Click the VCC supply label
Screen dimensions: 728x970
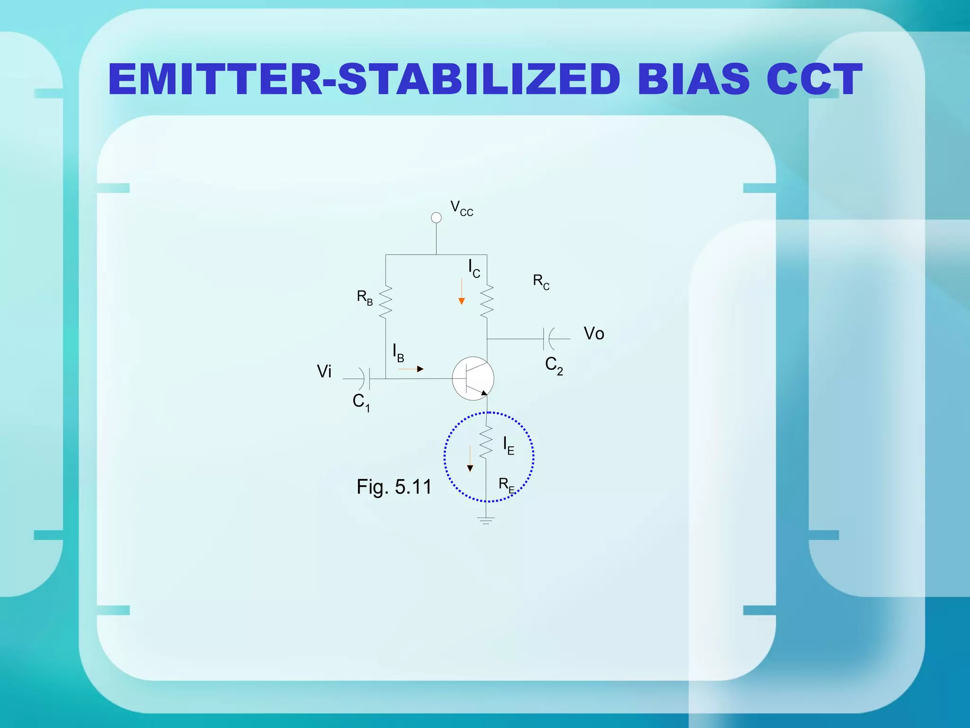coord(461,209)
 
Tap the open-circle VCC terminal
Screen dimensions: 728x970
coord(436,218)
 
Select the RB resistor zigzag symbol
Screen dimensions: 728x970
coord(386,301)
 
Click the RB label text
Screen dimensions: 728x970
coord(364,298)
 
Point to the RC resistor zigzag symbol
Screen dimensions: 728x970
coord(487,301)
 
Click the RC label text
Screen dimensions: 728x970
coord(541,282)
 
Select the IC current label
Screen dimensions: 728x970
coord(474,269)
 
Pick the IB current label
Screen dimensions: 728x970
coord(398,353)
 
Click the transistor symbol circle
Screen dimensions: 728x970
coord(473,378)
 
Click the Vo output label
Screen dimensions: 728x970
coord(593,334)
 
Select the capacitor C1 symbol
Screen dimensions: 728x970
coord(365,379)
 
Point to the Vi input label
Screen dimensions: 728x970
coord(324,372)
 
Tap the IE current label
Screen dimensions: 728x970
coord(508,446)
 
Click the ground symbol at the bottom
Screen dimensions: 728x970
coord(486,520)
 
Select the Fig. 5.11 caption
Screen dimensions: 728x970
coord(394,487)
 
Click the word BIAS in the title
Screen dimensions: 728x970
coord(693,79)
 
